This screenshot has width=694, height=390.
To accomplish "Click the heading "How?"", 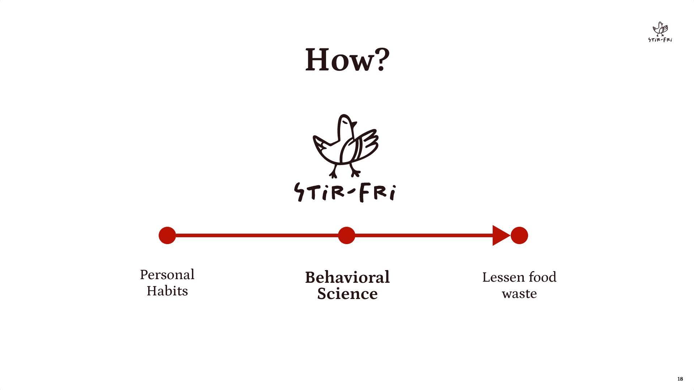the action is coord(347,60).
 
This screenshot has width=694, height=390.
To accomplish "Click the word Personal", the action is coord(167,275).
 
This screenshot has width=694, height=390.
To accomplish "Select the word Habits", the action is coord(167,291).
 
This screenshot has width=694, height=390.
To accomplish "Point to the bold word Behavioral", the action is coord(347,277).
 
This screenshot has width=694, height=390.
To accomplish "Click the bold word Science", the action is coord(347,294).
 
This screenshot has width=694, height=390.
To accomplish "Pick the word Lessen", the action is coord(503,277).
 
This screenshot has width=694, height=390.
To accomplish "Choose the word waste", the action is coord(519,294).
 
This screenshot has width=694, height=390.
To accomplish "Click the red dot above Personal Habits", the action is coord(167,235).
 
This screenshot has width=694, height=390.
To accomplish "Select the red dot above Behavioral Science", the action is coord(346,235).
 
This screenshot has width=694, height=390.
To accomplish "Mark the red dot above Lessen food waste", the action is coord(519,235).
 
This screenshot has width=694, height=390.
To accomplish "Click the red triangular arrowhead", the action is coord(500,235).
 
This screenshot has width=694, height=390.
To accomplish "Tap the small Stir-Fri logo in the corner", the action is coord(660,32).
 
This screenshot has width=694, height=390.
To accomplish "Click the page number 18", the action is coord(680,379).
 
